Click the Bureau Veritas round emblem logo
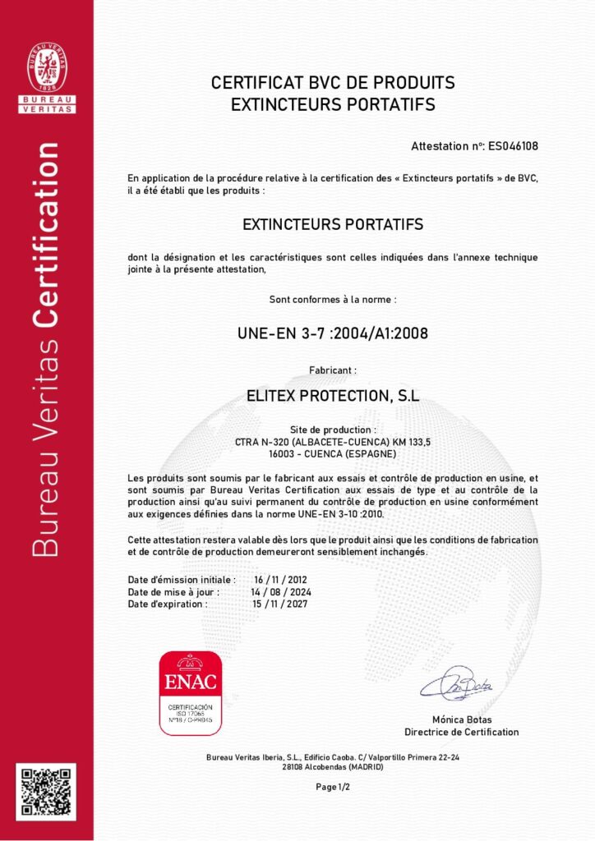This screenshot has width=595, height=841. click(47, 67)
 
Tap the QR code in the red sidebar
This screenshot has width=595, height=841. click(46, 793)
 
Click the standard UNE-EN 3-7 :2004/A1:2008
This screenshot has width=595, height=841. click(332, 333)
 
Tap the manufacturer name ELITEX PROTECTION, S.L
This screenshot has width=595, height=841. click(333, 395)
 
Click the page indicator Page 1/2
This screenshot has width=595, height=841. click(333, 787)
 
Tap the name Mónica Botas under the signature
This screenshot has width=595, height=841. click(461, 719)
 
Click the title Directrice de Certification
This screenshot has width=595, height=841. click(461, 732)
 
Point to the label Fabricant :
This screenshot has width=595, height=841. click(332, 370)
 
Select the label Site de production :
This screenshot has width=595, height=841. click(333, 430)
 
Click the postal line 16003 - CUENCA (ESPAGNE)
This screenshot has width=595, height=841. click(333, 453)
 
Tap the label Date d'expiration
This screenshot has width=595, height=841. click(168, 604)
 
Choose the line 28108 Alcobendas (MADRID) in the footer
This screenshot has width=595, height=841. click(333, 766)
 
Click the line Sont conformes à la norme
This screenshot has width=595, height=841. click(333, 299)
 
